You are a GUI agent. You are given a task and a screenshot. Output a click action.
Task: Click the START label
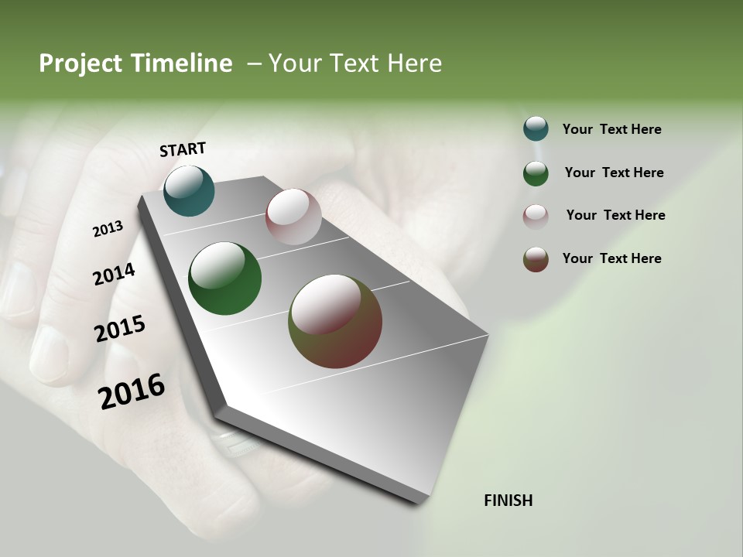point(183,149)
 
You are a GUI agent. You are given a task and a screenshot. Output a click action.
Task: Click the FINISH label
point(508,501)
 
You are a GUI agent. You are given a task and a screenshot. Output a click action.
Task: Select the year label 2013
point(108,229)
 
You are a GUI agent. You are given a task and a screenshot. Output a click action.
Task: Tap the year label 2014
point(114,274)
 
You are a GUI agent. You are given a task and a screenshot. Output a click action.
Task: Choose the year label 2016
point(132,391)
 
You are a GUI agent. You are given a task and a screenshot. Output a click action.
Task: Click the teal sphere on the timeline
point(189,190)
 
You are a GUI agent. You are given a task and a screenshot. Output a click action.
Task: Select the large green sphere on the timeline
point(225,278)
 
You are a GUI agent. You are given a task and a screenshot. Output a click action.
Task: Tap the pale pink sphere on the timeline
point(293,216)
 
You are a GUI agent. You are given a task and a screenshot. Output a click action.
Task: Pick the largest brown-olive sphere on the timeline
point(335,321)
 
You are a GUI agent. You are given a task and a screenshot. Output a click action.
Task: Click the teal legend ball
point(536,129)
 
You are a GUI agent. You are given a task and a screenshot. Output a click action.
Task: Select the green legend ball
point(536,173)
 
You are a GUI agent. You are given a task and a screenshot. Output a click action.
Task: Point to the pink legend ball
point(536,216)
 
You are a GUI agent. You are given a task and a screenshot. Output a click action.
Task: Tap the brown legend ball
point(536,259)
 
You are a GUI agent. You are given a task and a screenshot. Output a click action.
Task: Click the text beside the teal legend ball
point(611,129)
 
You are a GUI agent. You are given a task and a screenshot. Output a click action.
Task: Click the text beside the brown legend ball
point(611,258)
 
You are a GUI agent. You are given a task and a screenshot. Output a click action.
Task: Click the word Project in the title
point(80,63)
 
